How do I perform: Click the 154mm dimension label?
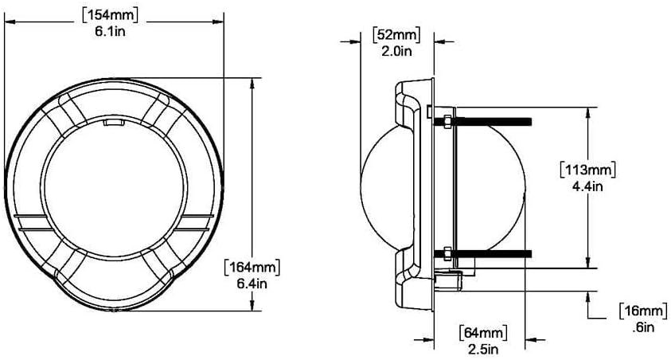click(x=110, y=16)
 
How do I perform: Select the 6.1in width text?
click(x=111, y=32)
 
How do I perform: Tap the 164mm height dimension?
click(x=252, y=267)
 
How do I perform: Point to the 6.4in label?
click(x=252, y=284)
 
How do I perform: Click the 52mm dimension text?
click(x=396, y=35)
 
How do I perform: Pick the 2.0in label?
click(x=396, y=51)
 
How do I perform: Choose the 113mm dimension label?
click(x=588, y=170)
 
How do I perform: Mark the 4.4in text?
click(x=587, y=186)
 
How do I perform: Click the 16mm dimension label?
click(x=643, y=311)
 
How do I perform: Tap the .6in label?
click(x=643, y=327)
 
